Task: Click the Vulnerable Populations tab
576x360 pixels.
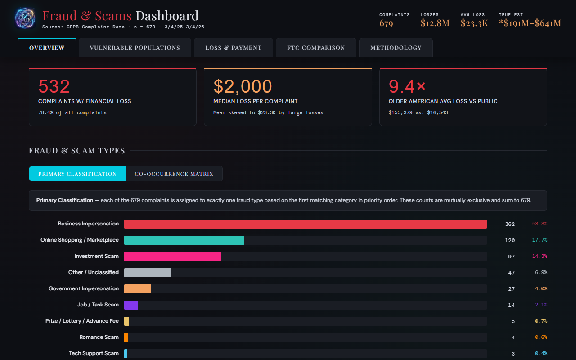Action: [135, 48]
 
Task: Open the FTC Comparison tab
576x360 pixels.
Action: [316, 48]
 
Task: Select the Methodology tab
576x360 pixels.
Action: [396, 48]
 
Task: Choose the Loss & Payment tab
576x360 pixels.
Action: [234, 48]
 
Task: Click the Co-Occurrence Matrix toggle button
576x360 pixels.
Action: [174, 174]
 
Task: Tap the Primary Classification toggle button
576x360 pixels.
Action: [77, 174]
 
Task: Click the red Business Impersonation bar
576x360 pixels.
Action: [305, 224]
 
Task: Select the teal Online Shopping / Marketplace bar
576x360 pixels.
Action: [184, 240]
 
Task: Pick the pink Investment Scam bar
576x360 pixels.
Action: [173, 256]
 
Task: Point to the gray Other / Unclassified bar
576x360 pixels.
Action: [148, 273]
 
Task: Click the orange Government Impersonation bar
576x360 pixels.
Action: [138, 289]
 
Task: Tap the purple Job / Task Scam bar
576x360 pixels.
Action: [131, 305]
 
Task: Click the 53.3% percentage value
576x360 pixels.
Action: [540, 224]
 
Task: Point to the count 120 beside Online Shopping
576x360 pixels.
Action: [509, 240]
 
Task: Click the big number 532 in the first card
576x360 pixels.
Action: [54, 86]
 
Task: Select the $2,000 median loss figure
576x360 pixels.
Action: [243, 86]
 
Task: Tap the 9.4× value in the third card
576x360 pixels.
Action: [407, 86]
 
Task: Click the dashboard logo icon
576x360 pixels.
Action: [25, 18]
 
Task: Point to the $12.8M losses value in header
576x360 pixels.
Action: [435, 23]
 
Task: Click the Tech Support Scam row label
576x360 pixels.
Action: [94, 353]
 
